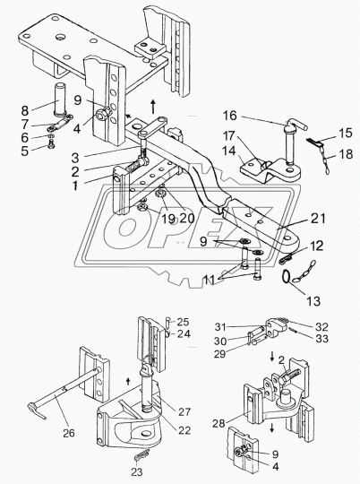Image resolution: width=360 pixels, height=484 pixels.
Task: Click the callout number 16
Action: [x=230, y=116]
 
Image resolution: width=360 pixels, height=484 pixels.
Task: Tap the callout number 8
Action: [x=25, y=110]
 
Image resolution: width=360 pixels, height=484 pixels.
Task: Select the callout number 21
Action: [x=318, y=219]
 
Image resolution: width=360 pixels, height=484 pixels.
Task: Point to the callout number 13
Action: [x=313, y=300]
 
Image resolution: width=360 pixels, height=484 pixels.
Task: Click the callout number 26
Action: [x=68, y=433]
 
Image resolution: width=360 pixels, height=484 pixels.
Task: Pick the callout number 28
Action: [x=219, y=423]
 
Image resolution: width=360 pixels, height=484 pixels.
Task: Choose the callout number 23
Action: [x=137, y=471]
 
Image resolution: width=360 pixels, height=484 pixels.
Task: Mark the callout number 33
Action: [x=321, y=338]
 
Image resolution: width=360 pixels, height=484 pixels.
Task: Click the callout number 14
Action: [x=229, y=151]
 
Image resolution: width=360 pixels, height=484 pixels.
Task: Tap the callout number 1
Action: [x=75, y=186]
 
